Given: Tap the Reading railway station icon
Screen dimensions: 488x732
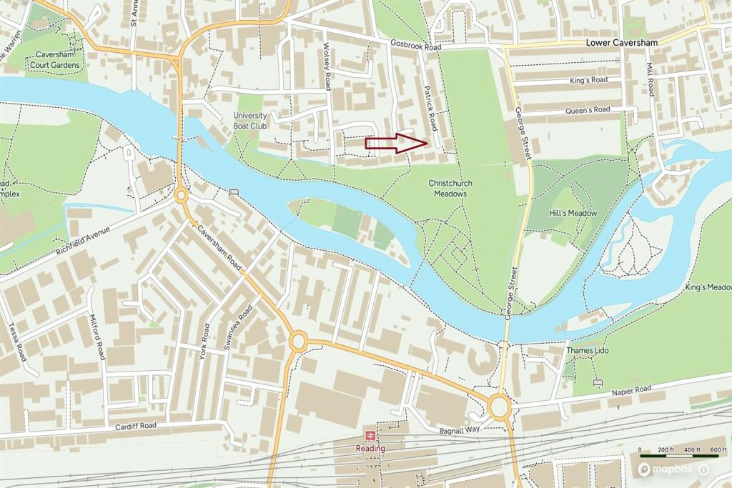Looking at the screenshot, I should click(x=370, y=435).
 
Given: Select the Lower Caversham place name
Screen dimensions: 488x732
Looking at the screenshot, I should click(x=621, y=43).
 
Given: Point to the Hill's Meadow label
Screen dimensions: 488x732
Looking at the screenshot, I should click(x=573, y=213).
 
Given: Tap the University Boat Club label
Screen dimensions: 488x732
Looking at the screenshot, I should click(x=249, y=121).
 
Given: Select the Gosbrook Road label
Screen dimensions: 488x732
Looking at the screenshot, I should click(x=412, y=44).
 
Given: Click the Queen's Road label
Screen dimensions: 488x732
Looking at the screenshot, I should click(x=588, y=109).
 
